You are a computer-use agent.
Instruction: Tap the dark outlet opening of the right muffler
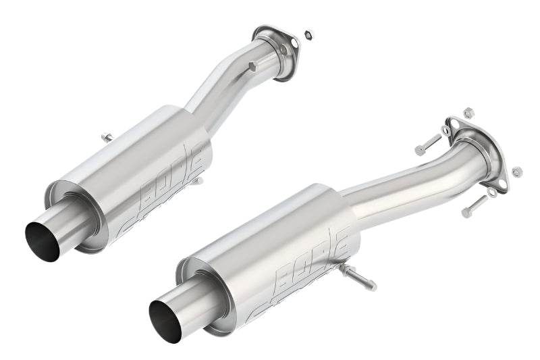click(x=165, y=319)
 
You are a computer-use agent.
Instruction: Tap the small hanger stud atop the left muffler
click(x=107, y=138)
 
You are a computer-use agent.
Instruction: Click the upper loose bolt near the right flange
click(x=427, y=145)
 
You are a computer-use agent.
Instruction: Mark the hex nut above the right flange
click(x=468, y=111)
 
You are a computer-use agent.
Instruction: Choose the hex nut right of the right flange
click(x=517, y=172)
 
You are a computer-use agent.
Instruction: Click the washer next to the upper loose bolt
click(x=446, y=130)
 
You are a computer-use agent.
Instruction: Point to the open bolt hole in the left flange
click(x=260, y=32)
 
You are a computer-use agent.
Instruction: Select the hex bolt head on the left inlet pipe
click(x=252, y=66)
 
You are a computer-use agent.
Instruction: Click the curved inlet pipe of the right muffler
click(x=405, y=182)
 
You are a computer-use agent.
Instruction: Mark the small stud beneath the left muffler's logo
click(x=196, y=180)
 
